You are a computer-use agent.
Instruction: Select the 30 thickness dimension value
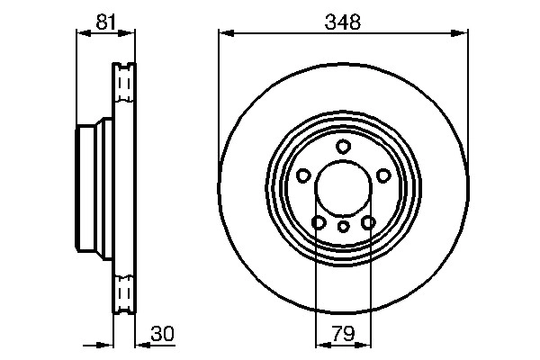click(x=160, y=335)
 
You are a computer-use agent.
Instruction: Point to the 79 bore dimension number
click(x=343, y=335)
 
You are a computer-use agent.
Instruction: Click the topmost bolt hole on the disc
click(x=343, y=147)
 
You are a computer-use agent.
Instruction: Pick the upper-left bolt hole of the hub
click(x=303, y=175)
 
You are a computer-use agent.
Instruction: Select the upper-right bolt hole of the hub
click(x=382, y=175)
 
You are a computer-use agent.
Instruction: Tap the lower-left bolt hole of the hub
click(x=318, y=221)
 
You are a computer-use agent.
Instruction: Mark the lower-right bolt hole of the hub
click(x=367, y=221)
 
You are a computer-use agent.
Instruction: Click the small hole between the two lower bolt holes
click(x=343, y=226)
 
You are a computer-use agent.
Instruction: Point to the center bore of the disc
click(x=343, y=189)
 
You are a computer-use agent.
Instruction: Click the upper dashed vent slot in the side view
click(x=123, y=85)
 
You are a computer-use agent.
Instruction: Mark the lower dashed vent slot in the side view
click(x=123, y=293)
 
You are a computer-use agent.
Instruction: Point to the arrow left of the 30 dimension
click(x=103, y=344)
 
